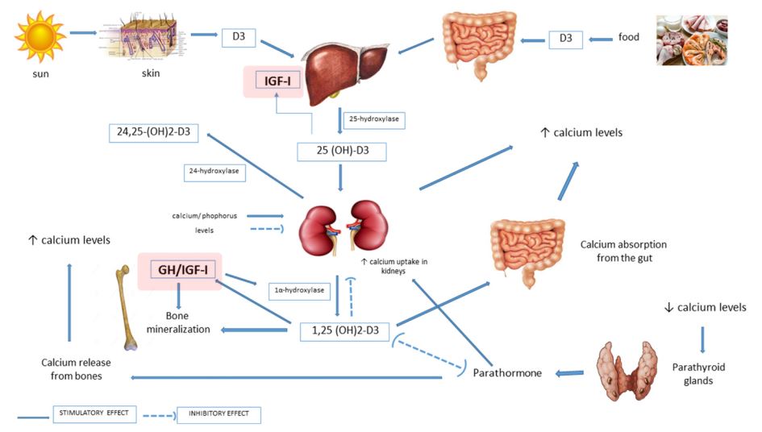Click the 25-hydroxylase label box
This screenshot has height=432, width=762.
pyautogui.click(x=373, y=120)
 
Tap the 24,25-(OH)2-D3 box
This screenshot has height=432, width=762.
pyautogui.click(x=153, y=131)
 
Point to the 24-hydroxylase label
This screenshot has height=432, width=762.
pyautogui.click(x=214, y=170)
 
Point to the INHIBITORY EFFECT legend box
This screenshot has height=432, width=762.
pyautogui.click(x=219, y=415)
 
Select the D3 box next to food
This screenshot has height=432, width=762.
pyautogui.click(x=565, y=39)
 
